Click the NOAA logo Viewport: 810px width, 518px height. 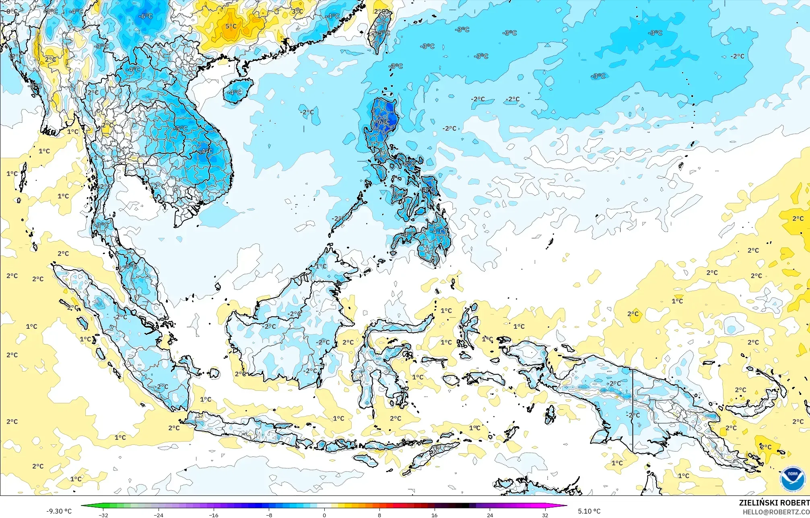792,479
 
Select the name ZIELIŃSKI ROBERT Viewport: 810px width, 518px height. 774,503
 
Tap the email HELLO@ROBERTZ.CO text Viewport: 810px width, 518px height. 776,512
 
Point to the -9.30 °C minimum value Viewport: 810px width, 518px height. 59,511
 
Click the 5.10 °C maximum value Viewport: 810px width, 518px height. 589,511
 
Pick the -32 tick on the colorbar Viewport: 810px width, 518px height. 103,515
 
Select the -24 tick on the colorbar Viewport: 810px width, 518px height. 159,515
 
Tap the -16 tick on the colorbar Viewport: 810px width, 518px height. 214,515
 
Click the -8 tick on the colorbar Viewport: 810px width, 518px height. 269,515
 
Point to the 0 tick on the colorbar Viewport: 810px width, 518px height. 324,515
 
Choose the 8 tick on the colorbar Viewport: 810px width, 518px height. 379,515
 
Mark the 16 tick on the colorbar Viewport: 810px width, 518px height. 435,515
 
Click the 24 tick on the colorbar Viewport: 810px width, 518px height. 490,515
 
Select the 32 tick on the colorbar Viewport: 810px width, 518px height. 545,515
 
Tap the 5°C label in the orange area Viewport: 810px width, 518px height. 231,27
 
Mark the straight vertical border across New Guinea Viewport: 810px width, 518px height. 633,411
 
